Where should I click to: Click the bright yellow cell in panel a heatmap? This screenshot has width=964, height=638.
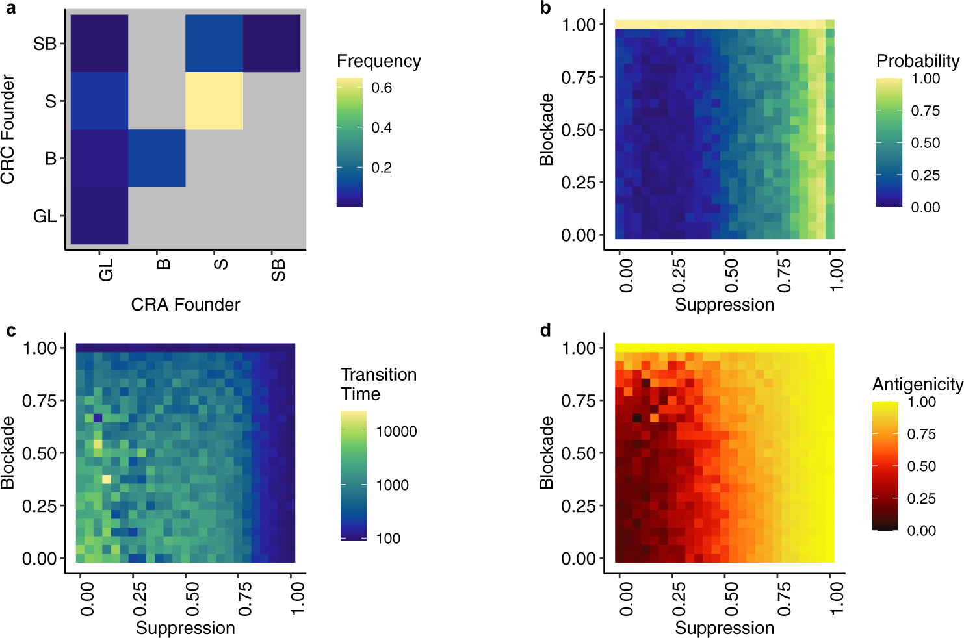[x=214, y=101]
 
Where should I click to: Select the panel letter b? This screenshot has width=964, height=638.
[x=545, y=8]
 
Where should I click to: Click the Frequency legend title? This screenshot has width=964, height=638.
[x=378, y=61]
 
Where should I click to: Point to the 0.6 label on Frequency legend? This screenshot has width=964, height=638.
[x=382, y=88]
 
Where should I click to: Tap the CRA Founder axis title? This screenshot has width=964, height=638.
[x=185, y=305]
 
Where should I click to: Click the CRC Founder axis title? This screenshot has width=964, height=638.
[x=8, y=129]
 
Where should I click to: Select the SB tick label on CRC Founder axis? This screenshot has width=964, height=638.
[x=45, y=44]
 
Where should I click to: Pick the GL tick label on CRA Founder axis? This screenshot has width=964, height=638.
[x=107, y=269]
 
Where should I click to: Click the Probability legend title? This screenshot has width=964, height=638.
[x=917, y=61]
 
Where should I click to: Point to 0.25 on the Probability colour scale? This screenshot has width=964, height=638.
[x=925, y=175]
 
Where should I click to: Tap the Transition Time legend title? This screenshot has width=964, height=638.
[x=378, y=384]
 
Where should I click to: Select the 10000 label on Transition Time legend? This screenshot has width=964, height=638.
[x=396, y=431]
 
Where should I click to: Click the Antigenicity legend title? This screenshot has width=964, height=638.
[x=917, y=385]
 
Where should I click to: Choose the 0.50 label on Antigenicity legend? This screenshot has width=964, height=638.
[x=921, y=466]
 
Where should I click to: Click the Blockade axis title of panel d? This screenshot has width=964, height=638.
[x=547, y=453]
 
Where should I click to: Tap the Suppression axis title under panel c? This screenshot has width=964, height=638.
[x=185, y=628]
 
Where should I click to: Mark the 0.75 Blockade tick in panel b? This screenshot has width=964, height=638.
[x=579, y=77]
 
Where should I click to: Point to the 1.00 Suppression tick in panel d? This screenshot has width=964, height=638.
[x=837, y=598]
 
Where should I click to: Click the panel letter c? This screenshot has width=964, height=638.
[x=10, y=331]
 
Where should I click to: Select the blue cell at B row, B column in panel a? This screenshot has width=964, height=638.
[x=157, y=158]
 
